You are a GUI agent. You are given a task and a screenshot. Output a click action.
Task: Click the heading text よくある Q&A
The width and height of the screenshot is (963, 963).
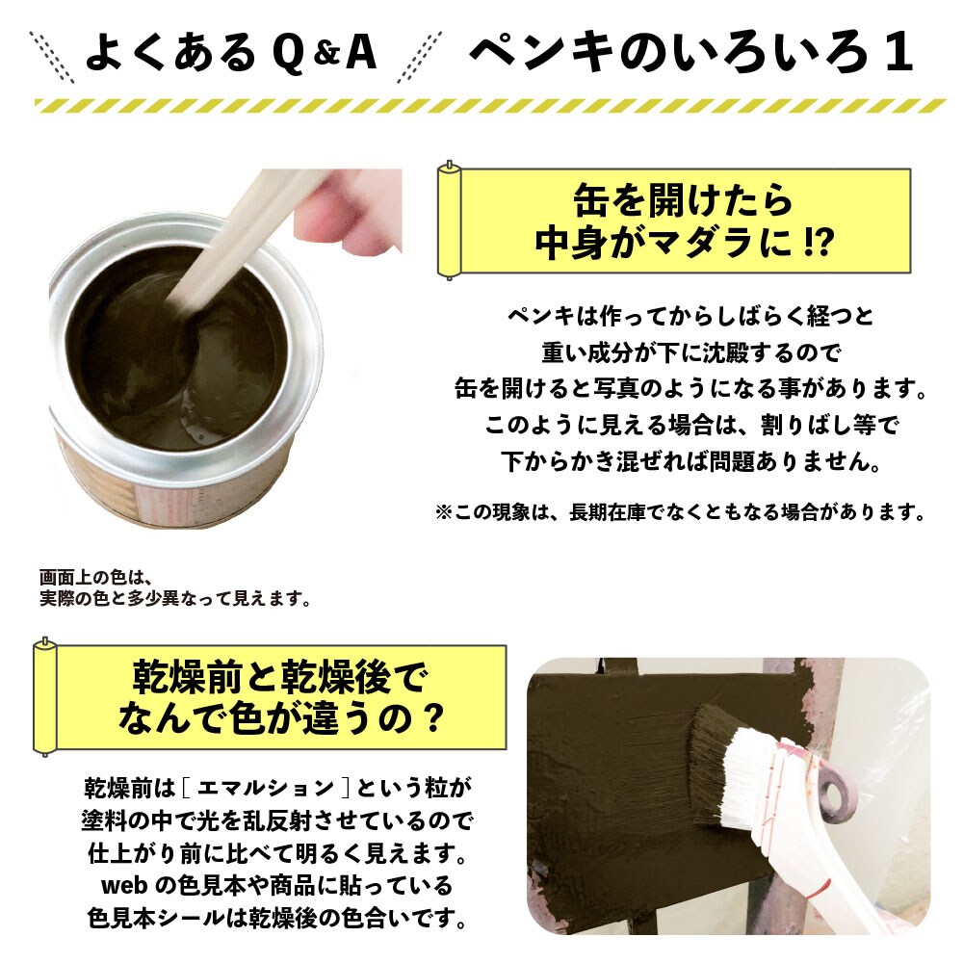point(231,55)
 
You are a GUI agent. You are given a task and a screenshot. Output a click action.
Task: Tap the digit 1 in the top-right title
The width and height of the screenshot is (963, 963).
point(898,55)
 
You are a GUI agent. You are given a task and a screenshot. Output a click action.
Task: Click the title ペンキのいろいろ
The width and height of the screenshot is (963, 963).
point(664,55)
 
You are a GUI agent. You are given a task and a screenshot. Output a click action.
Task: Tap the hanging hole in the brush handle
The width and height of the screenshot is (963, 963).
point(835,795)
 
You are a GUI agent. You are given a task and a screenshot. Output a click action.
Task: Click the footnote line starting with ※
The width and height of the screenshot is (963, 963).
point(680,512)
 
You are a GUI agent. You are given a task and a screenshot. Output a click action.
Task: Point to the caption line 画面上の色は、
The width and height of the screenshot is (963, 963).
point(91,579)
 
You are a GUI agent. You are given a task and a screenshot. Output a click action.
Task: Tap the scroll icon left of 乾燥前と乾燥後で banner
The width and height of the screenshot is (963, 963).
point(44,695)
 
